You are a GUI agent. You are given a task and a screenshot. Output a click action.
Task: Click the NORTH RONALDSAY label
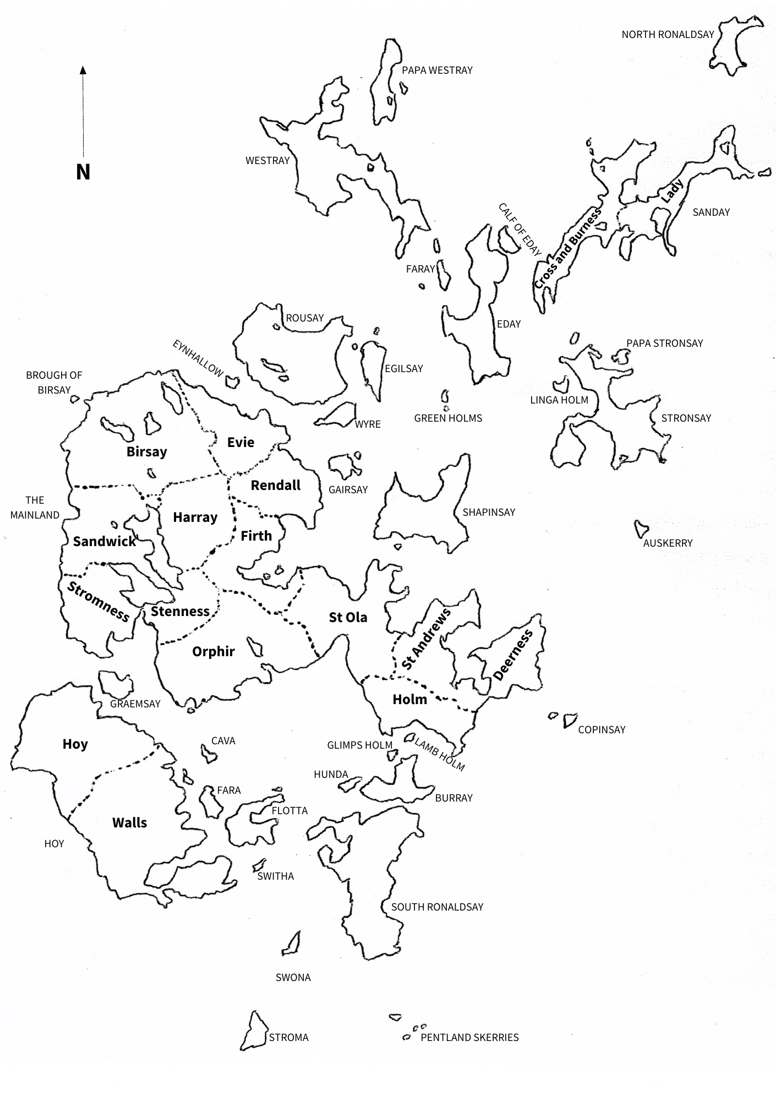[x=668, y=35]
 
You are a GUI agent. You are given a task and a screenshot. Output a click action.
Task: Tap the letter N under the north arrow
[x=83, y=172]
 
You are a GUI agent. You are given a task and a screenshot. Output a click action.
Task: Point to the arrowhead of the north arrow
[x=83, y=70]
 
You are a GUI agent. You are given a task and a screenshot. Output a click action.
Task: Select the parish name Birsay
[x=146, y=452]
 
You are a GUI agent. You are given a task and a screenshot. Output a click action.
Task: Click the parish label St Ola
[x=348, y=618]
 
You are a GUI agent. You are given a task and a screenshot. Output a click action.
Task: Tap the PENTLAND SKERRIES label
[x=469, y=1038]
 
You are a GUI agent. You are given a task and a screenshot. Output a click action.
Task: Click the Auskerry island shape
[x=641, y=528]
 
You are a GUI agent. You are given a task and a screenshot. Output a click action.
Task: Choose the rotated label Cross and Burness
[x=568, y=248]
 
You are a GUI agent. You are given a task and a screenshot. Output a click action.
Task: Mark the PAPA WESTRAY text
[x=437, y=70]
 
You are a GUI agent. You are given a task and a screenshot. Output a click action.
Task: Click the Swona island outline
[x=292, y=944]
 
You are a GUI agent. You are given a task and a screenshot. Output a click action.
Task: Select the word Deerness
[x=513, y=655]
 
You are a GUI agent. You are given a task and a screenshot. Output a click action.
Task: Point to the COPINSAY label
[x=602, y=730]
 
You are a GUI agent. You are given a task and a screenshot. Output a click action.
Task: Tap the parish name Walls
[x=130, y=823]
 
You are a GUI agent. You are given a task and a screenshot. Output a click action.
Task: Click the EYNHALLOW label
[x=198, y=358]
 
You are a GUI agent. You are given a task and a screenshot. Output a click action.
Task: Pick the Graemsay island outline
[x=116, y=683]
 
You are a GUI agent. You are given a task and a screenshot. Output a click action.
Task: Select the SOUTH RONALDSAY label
[x=437, y=907]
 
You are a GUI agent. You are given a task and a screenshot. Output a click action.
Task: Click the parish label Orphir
[x=214, y=652]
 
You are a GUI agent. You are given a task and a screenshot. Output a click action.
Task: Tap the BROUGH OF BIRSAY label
[x=54, y=383]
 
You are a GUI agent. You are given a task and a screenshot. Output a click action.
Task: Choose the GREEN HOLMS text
[x=448, y=418]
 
